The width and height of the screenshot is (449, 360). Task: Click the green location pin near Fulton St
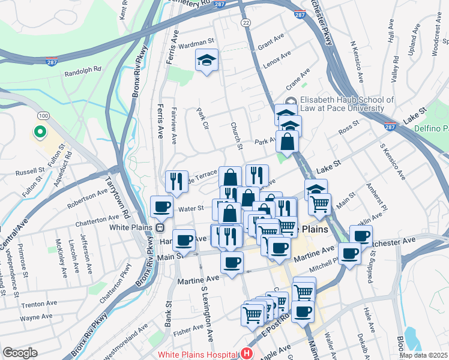click(40, 131)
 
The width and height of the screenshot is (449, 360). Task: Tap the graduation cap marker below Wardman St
click(206, 60)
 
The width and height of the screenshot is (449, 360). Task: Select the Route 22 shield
click(246, 22)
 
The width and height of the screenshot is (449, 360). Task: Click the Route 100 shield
click(43, 115)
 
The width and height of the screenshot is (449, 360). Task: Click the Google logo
click(20, 353)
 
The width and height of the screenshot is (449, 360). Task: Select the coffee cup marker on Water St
click(161, 207)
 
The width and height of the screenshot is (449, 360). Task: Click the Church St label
click(236, 135)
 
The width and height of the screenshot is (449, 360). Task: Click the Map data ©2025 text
click(423, 355)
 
